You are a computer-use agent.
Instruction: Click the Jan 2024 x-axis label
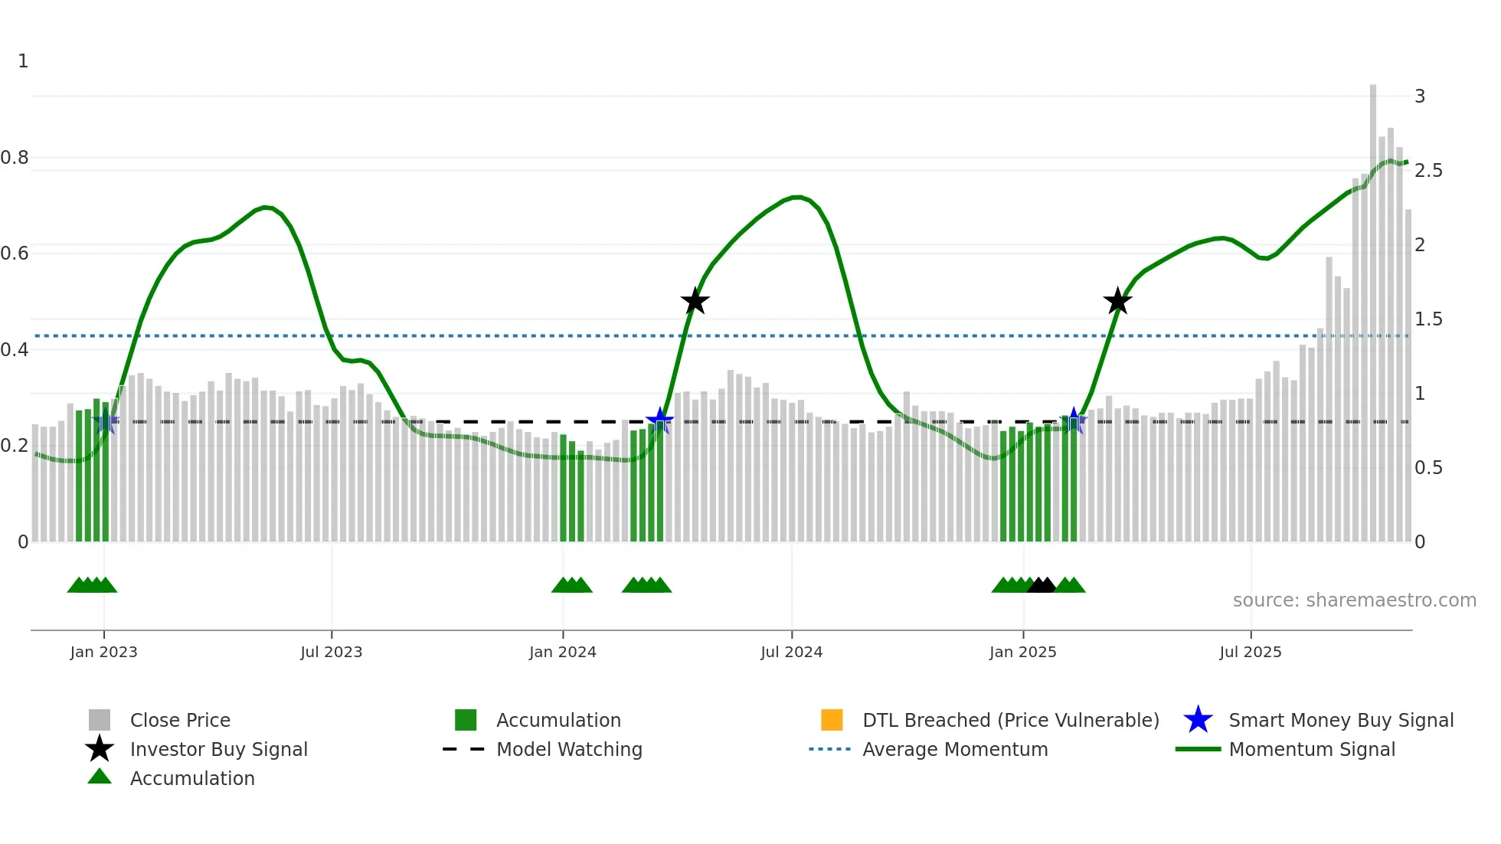pos(562,652)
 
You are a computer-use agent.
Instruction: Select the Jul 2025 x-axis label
pos(1250,652)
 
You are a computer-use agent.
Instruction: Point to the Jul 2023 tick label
pos(331,652)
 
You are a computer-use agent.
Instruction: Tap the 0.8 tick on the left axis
pos(15,158)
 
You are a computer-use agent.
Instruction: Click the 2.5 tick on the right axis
pos(1428,171)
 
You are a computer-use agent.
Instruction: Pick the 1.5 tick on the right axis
pos(1428,319)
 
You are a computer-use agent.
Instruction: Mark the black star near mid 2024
pos(695,301)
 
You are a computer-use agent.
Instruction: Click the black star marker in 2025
pos(1117,301)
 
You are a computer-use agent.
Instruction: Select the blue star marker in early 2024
pos(659,420)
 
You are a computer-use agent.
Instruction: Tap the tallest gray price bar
pos(1373,306)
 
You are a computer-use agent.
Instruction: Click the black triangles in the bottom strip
pos(1042,585)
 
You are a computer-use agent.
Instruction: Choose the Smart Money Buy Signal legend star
pos(1198,720)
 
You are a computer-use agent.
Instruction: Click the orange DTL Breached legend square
pos(832,720)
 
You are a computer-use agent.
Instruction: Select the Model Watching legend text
pos(569,749)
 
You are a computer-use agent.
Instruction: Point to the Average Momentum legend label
pos(955,749)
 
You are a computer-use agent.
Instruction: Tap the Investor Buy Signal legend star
pos(100,749)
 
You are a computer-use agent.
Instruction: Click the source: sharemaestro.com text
pos(1354,600)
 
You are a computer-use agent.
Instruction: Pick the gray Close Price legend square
pos(100,720)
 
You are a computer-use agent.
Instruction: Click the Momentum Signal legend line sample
pos(1198,749)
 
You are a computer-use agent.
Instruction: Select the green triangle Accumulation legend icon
pos(100,777)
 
